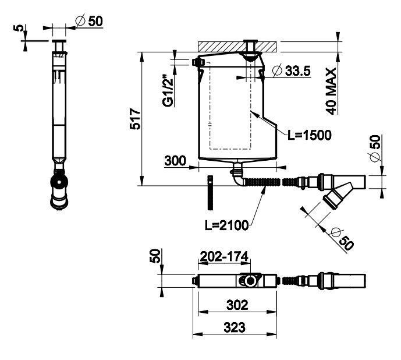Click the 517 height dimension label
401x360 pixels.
(x=135, y=119)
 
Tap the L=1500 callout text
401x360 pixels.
(x=310, y=135)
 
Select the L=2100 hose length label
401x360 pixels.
(x=226, y=225)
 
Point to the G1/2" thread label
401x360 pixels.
(x=168, y=91)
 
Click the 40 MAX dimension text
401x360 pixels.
(x=331, y=91)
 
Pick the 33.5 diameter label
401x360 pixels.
(x=292, y=70)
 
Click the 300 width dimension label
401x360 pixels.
(x=175, y=161)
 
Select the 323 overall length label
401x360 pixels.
(x=235, y=327)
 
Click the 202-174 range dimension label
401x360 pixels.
(x=224, y=256)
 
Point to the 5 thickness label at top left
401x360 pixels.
(x=19, y=27)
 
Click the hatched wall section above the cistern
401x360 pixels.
(x=237, y=47)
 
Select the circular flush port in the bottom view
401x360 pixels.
(x=250, y=281)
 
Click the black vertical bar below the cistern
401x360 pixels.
(x=210, y=193)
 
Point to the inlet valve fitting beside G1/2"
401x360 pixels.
(x=198, y=62)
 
